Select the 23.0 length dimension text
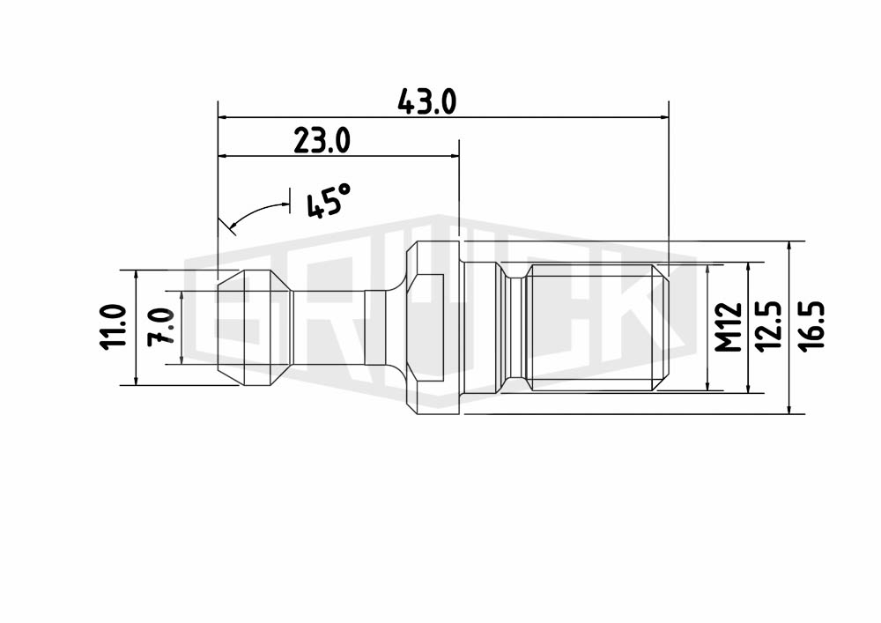click(x=322, y=140)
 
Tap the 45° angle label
click(x=328, y=201)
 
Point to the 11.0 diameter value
click(x=113, y=328)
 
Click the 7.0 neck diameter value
click(x=161, y=327)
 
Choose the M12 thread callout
click(x=729, y=327)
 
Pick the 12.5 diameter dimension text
click(x=768, y=327)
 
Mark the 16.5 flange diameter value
click(x=812, y=327)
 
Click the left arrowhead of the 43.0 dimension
click(x=223, y=117)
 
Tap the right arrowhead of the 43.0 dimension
click(x=664, y=117)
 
